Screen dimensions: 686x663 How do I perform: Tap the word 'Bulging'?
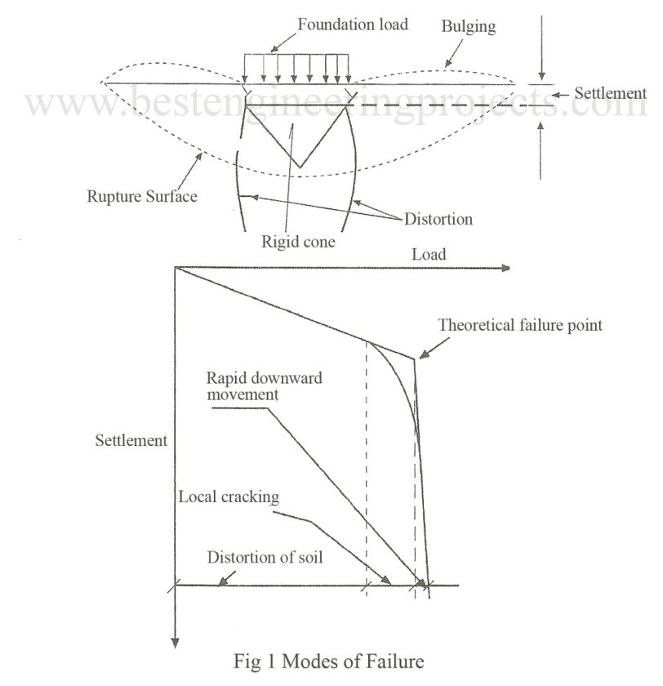(467, 25)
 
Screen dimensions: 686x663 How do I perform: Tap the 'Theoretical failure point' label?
(521, 325)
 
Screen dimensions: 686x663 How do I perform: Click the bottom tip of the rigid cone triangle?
(300, 168)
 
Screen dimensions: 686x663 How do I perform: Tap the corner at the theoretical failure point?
(414, 358)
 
